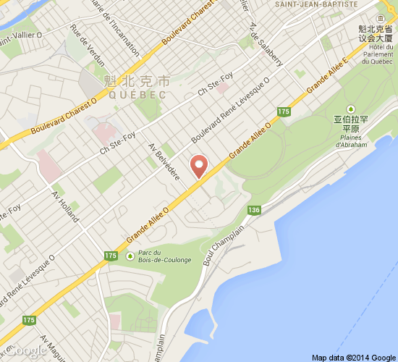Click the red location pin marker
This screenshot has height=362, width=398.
[199, 166]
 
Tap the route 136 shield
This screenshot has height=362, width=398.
[253, 210]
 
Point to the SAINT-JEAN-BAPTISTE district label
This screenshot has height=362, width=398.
[317, 5]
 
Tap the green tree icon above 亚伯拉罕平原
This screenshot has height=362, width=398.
[352, 108]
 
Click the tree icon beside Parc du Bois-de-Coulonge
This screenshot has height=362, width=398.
[130, 255]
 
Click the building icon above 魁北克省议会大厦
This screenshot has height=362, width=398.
[381, 17]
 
